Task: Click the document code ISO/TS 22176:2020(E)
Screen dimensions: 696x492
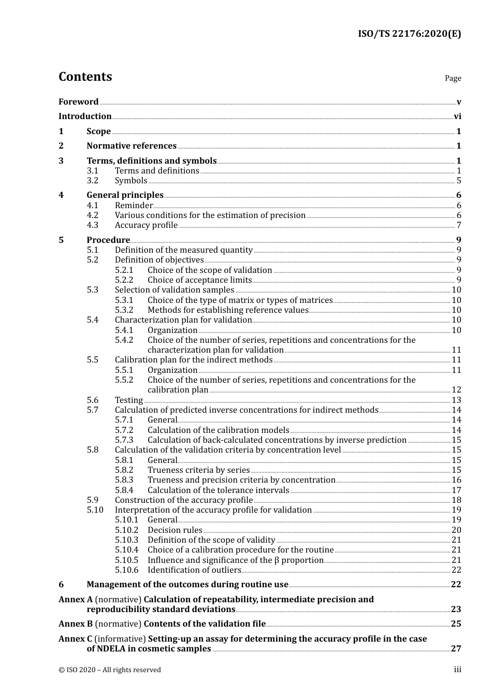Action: coord(409,34)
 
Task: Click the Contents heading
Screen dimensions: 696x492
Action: coord(85,77)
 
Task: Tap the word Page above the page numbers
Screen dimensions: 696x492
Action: coord(453,78)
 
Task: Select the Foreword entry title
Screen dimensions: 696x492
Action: coord(78,102)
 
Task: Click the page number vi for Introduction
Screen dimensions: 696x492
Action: coord(457,117)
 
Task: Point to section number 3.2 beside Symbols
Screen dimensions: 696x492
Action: coord(92,181)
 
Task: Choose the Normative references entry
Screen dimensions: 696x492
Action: coord(132,146)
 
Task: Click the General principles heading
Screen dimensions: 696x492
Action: coord(125,195)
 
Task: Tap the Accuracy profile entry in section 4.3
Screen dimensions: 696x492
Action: coord(146,225)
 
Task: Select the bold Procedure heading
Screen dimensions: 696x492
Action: coord(108,240)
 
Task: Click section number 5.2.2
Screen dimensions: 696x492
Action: coord(124,280)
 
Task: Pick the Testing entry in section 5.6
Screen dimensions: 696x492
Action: coord(128,400)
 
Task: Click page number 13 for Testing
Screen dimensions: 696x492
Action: coord(456,400)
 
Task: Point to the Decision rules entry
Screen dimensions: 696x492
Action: coord(175,530)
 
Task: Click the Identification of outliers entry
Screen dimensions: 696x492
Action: coord(194,570)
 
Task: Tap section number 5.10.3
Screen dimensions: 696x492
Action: coord(126,540)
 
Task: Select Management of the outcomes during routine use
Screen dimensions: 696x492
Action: coord(187,585)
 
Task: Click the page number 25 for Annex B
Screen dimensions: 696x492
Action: coord(456,624)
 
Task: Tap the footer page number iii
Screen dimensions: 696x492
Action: coord(457,670)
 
